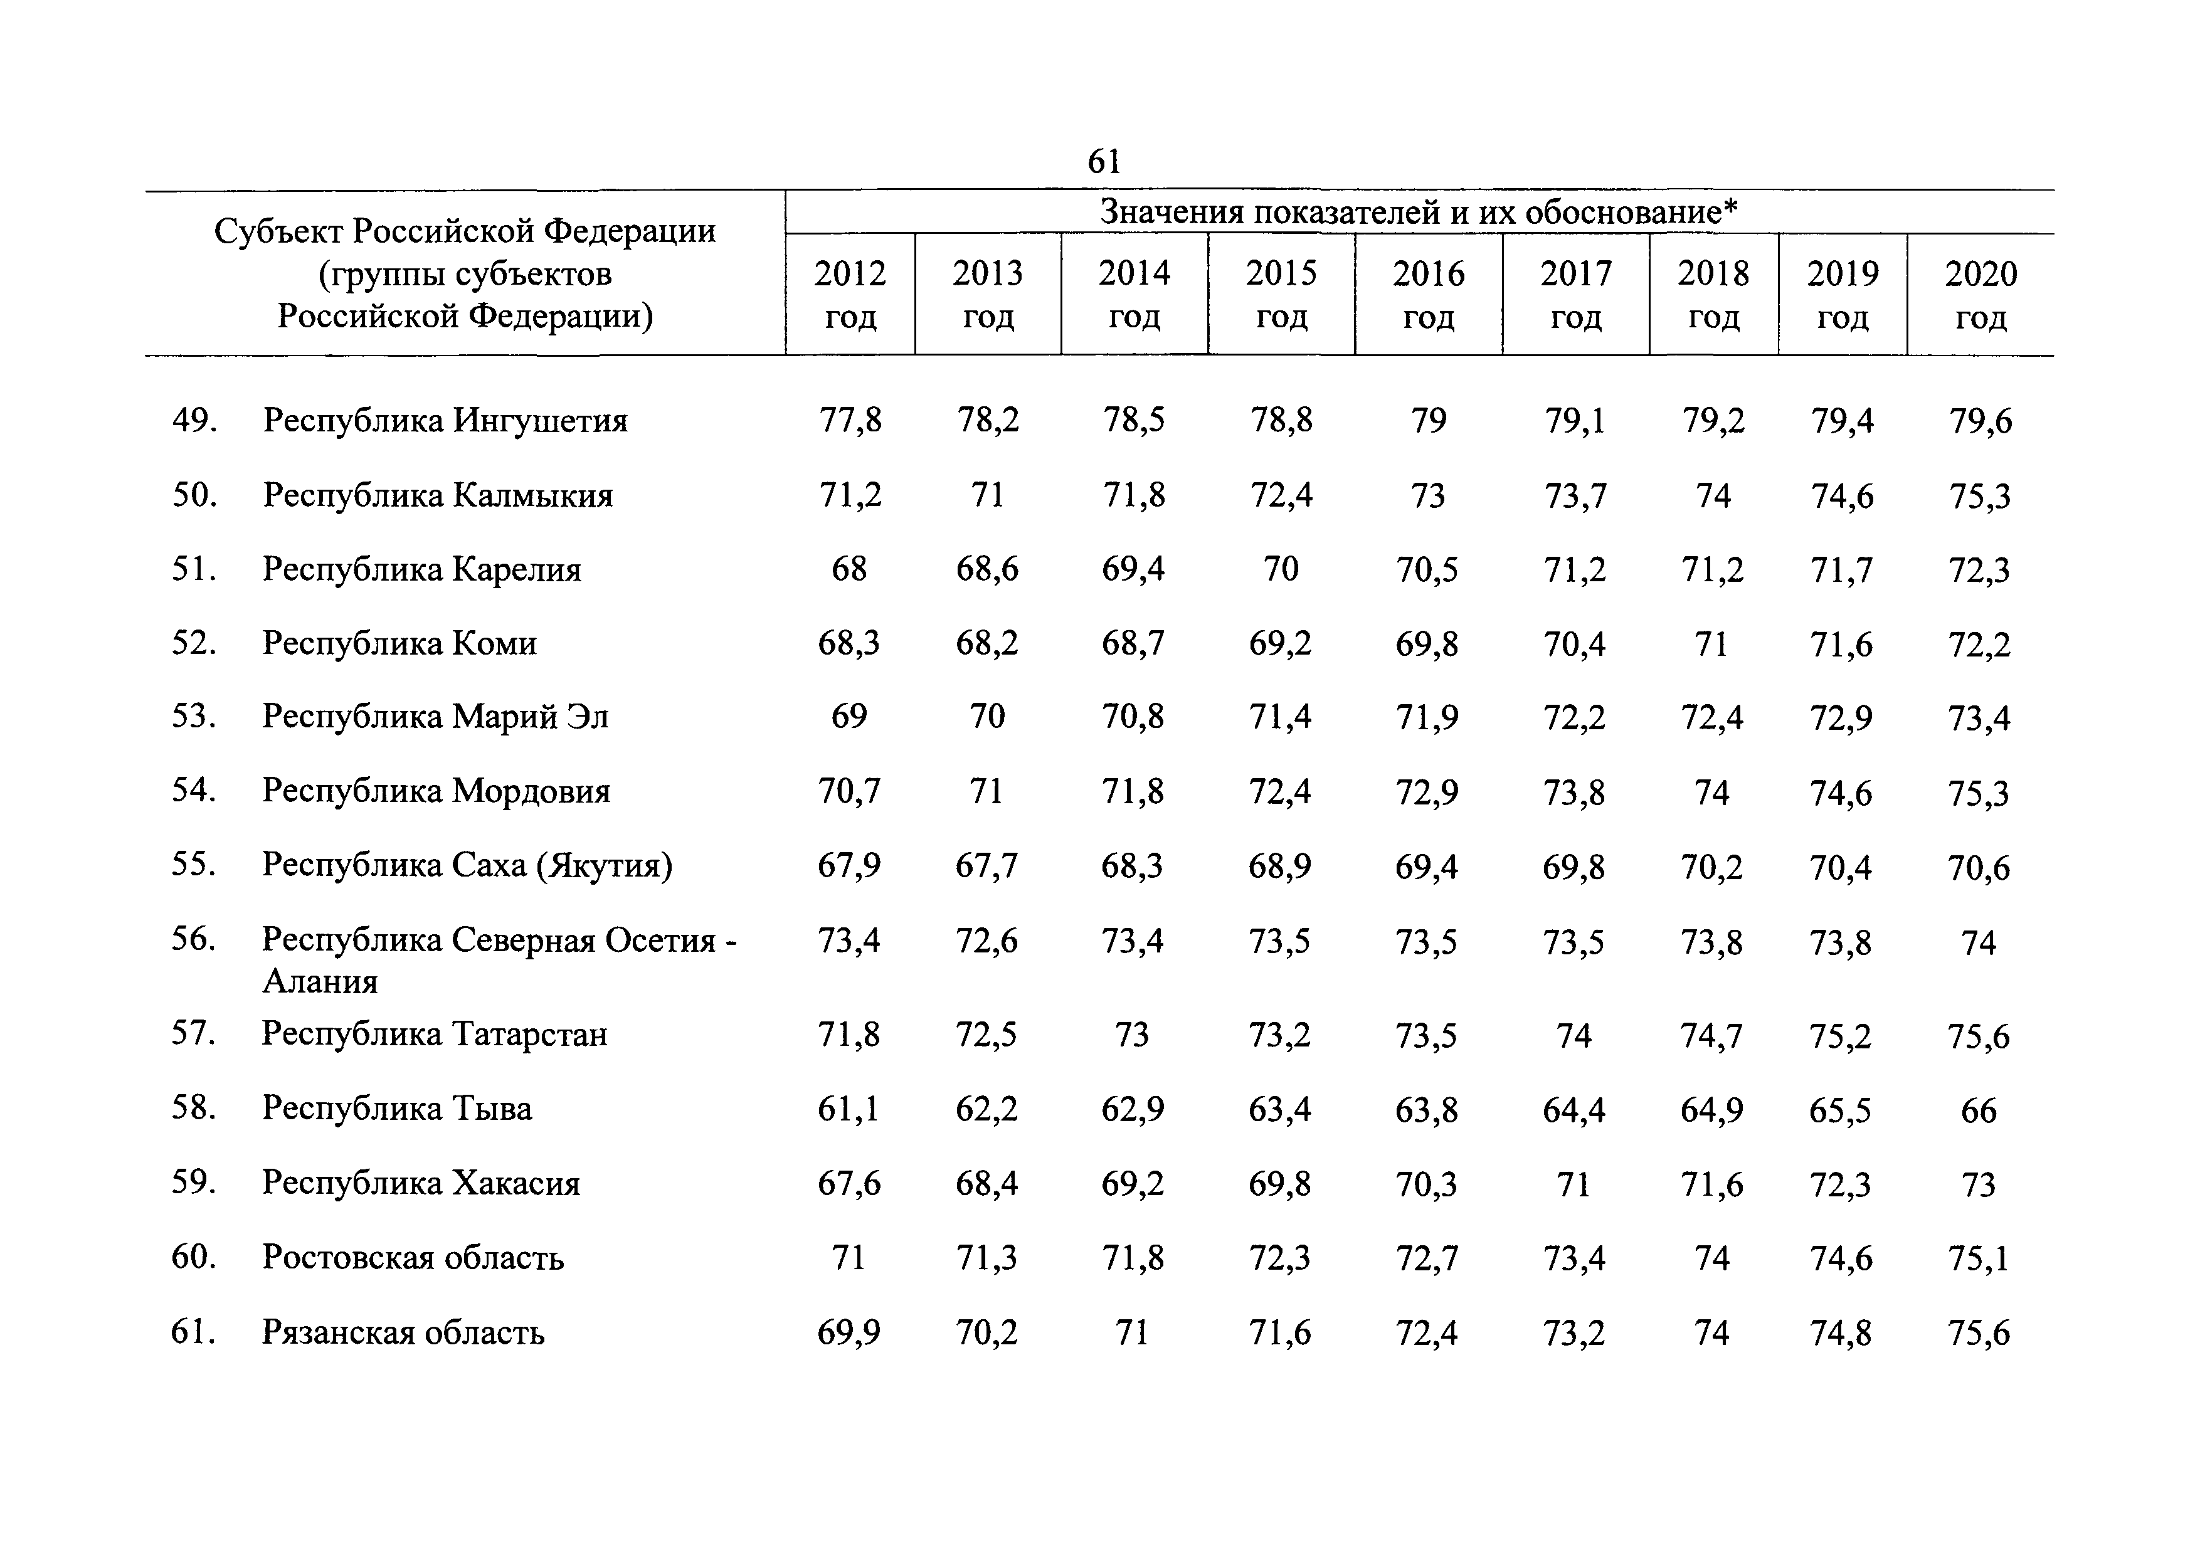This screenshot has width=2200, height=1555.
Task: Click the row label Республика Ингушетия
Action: (x=445, y=421)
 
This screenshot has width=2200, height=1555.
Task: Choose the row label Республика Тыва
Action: (x=397, y=1109)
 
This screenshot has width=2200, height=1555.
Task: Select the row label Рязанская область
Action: (x=403, y=1332)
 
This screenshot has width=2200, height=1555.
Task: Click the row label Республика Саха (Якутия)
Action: (x=468, y=866)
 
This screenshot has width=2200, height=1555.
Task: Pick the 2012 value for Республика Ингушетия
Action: (x=850, y=421)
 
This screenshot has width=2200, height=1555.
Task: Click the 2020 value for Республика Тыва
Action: (x=1979, y=1110)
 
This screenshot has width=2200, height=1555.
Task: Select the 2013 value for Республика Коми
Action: (x=987, y=643)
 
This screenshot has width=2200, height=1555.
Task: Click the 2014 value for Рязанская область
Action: (x=1133, y=1332)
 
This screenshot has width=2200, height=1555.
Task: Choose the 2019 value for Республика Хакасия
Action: (x=1841, y=1185)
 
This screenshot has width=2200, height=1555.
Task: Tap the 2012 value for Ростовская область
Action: (x=849, y=1258)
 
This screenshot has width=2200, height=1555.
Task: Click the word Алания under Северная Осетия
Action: (x=320, y=981)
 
